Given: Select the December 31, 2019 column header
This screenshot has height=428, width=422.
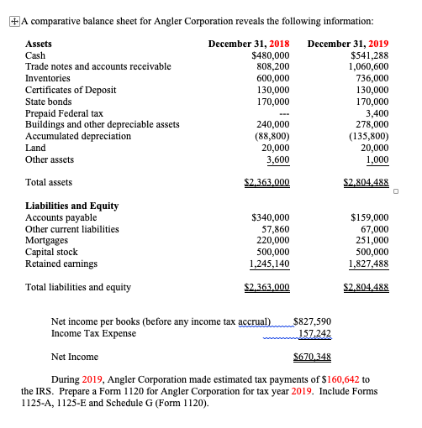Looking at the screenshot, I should pyautogui.click(x=348, y=43).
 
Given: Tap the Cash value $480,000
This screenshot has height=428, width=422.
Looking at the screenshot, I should pyautogui.click(x=271, y=55).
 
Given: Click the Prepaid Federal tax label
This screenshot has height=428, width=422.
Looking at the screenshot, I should pyautogui.click(x=65, y=112).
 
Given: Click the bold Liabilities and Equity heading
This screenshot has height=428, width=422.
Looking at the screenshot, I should pyautogui.click(x=72, y=206).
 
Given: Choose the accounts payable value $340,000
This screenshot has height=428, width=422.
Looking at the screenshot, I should pyautogui.click(x=271, y=217).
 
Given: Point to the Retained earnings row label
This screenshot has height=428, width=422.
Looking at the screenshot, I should pyautogui.click(x=61, y=264).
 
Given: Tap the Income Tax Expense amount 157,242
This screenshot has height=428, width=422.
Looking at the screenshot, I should pyautogui.click(x=315, y=333).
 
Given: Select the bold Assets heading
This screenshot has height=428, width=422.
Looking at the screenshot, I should pyautogui.click(x=40, y=43).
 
